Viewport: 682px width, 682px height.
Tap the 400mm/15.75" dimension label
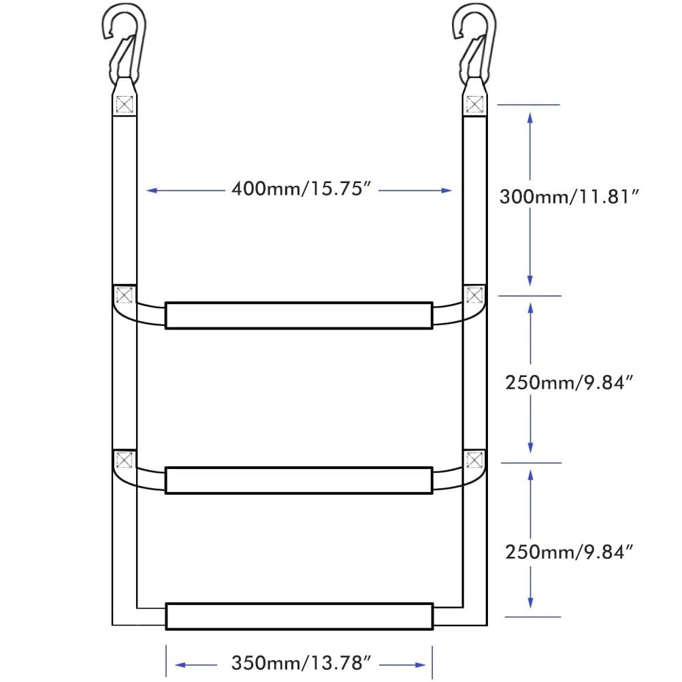pyautogui.click(x=300, y=189)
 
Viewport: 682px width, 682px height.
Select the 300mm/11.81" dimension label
pyautogui.click(x=570, y=197)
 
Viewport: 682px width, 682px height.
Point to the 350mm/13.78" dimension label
pyautogui.click(x=300, y=662)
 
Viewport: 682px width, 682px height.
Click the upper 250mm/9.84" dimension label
pyautogui.click(x=570, y=383)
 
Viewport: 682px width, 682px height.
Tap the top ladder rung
pyautogui.click(x=299, y=315)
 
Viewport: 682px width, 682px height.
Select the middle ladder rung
pyautogui.click(x=299, y=480)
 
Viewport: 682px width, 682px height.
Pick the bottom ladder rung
pyautogui.click(x=299, y=616)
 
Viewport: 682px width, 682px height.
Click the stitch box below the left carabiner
pyautogui.click(x=124, y=105)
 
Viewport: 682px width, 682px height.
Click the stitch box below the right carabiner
pyautogui.click(x=475, y=105)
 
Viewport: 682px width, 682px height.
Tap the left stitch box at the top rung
pyautogui.click(x=124, y=295)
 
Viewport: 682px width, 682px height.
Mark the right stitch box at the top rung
pyautogui.click(x=475, y=295)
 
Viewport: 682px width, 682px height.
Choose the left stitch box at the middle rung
pyautogui.click(x=124, y=460)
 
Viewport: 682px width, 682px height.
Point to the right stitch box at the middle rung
pyautogui.click(x=475, y=460)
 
